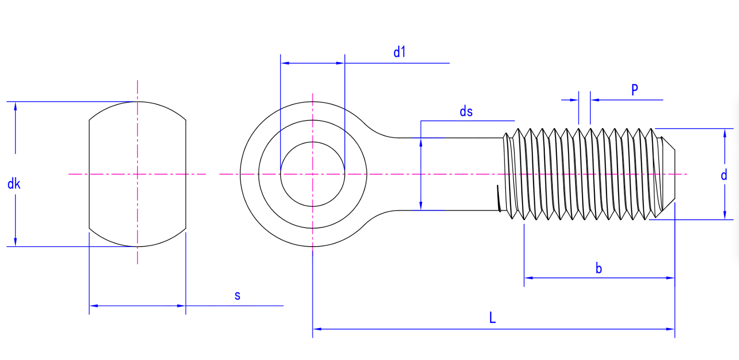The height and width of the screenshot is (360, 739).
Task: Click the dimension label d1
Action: point(399,52)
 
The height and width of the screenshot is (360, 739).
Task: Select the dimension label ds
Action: point(466,112)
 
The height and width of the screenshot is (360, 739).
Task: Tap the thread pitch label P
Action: point(635,89)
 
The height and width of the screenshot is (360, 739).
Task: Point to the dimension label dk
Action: point(14,184)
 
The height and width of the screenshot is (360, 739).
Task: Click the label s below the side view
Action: point(238,296)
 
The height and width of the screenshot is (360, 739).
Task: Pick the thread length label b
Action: point(599,269)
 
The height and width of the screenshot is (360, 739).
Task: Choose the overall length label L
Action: point(493,317)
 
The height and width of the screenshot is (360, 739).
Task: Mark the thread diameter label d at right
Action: point(724,175)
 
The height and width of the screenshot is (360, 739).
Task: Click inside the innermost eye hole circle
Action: point(313,185)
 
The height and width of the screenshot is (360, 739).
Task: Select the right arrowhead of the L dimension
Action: point(671,329)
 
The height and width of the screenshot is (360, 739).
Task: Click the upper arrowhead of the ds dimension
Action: point(421,142)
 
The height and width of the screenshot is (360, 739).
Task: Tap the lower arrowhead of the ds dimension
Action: point(421,206)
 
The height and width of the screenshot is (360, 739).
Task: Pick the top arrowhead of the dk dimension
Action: point(16,105)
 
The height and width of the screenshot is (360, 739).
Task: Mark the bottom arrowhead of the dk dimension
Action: point(16,242)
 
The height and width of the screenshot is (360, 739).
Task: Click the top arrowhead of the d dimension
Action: point(725,133)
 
